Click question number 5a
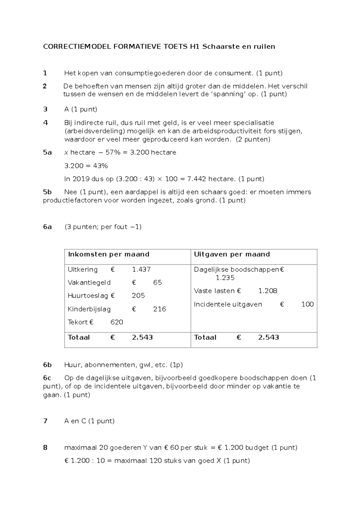47,152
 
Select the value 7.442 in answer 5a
196,179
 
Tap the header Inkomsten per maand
109,254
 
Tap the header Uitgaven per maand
232,254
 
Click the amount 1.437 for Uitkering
141,270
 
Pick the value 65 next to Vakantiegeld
157,283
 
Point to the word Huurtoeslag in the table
88,296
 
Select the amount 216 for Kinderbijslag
160,309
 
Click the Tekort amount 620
117,322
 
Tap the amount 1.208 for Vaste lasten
268,291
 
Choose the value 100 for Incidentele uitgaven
307,304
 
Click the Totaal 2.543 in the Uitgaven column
268,337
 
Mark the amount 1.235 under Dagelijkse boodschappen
225,278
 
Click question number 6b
47,365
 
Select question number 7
45,421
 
